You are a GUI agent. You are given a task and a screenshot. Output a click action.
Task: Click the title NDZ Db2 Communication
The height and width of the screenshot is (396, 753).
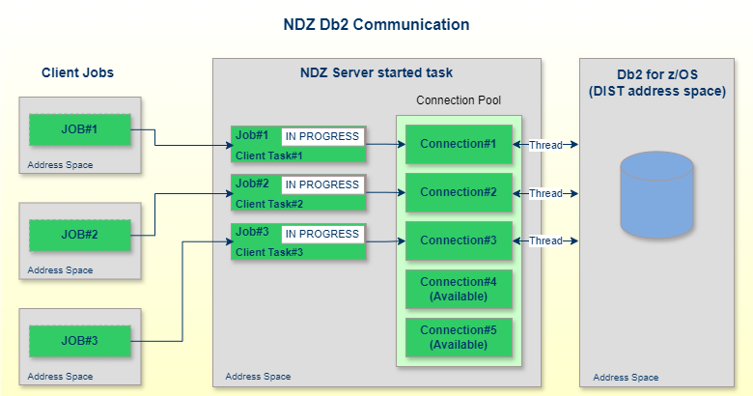coord(376,24)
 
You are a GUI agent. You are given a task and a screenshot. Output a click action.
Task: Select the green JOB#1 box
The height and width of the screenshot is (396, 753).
coord(80,129)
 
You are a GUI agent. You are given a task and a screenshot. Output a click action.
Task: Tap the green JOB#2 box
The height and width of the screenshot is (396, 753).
coord(80,234)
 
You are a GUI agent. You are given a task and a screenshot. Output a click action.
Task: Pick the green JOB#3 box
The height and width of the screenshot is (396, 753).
coord(80,340)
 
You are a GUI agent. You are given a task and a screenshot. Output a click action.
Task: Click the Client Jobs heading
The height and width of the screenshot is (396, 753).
coord(84,72)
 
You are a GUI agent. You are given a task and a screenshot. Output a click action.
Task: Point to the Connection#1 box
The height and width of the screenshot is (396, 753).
coord(459,144)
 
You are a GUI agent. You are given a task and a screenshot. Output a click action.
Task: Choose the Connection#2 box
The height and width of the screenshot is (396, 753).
coord(459,192)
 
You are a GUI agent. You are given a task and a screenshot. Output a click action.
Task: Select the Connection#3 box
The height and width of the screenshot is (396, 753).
coord(459,240)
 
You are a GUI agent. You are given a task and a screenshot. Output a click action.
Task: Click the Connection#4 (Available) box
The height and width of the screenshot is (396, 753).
coord(459,289)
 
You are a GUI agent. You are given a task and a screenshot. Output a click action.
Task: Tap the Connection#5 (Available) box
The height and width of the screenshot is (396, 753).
coord(459,337)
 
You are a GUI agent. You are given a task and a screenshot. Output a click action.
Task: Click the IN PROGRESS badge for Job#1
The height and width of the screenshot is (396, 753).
coord(321,136)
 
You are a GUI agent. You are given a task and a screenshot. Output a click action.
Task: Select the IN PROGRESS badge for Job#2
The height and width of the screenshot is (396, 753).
coord(321,184)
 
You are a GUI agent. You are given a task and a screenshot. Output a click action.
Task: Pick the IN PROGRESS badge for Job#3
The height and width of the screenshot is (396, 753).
coord(321,234)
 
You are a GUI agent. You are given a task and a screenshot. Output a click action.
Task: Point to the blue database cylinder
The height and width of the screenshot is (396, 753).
coord(656,194)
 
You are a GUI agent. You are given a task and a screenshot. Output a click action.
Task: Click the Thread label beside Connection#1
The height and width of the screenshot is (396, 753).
coord(545,145)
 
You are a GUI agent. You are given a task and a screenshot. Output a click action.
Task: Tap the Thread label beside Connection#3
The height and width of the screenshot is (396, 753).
coord(545,240)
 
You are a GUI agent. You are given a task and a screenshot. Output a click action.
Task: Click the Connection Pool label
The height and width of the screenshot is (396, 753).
coord(459,100)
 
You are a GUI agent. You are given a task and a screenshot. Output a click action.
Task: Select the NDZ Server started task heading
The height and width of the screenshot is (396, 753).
coord(376,72)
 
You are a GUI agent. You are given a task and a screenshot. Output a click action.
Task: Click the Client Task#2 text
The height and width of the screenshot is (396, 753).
coord(269,204)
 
